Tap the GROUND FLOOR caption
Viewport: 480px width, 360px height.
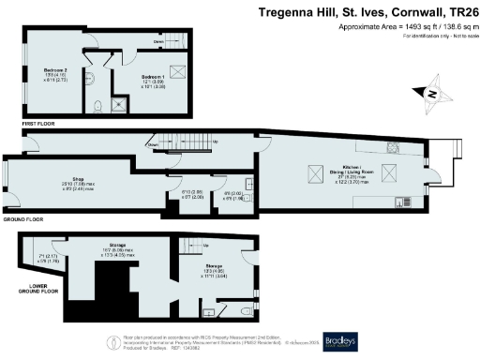[x=23, y=218]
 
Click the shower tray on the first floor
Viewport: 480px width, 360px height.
[x=117, y=103]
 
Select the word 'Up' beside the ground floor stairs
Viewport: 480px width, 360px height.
[x=217, y=142]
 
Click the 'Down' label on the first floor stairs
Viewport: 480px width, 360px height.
[x=160, y=42]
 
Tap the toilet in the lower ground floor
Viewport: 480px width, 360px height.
[x=246, y=310]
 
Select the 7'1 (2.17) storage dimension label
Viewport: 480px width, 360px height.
[x=48, y=259]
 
